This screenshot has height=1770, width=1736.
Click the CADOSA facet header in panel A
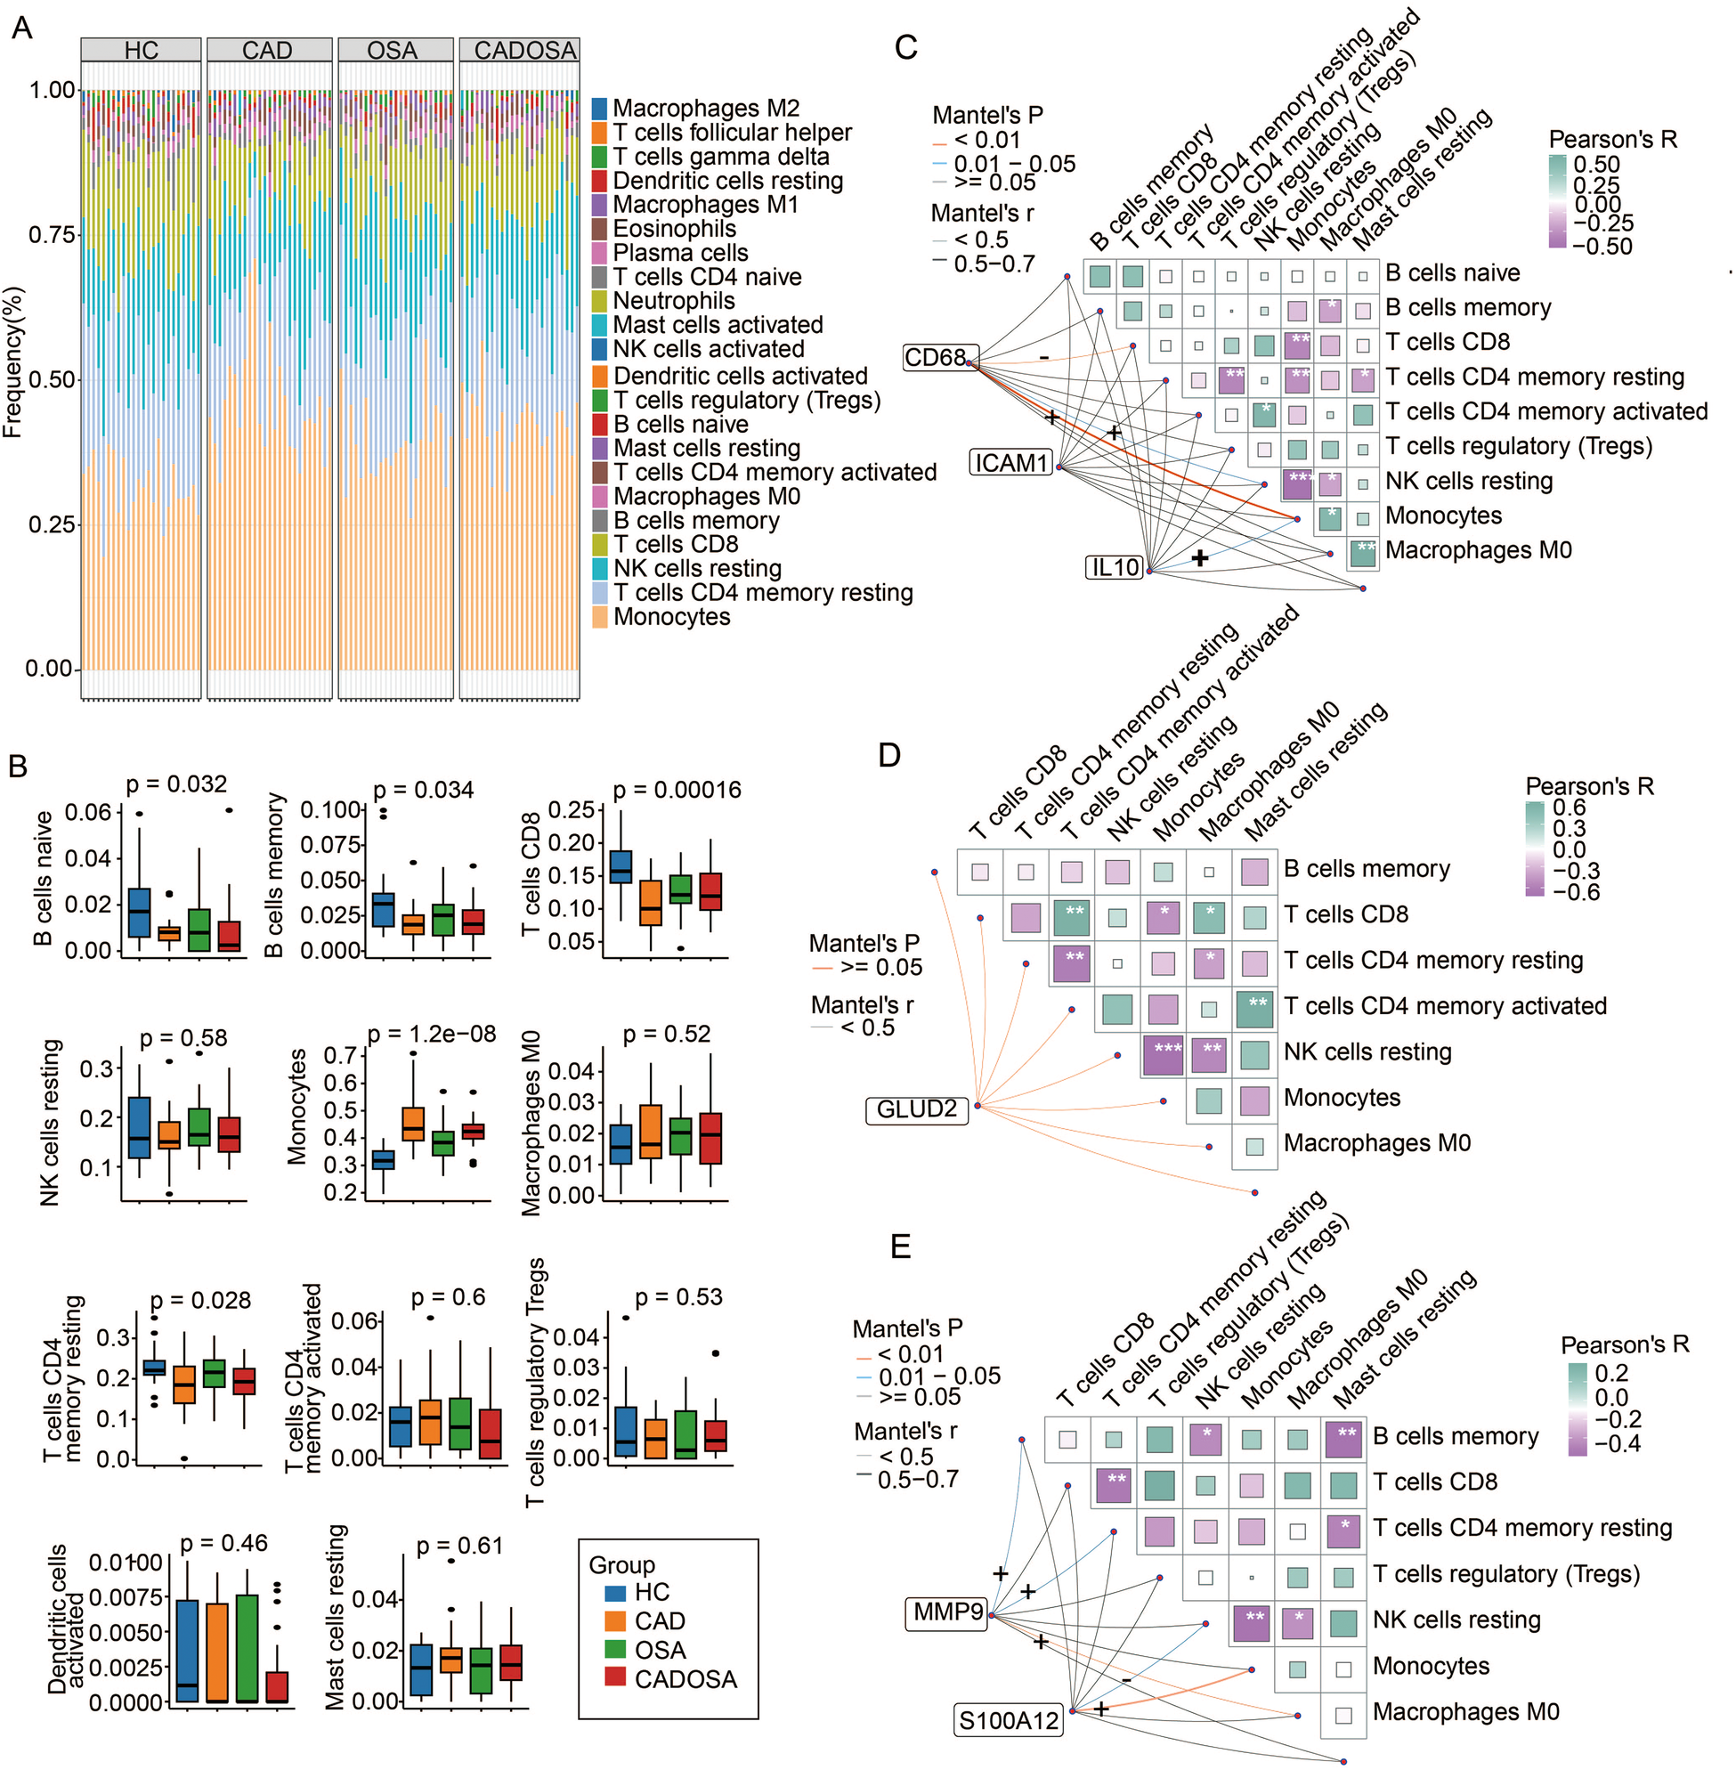click(520, 50)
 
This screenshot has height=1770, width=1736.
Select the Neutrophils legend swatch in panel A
click(600, 301)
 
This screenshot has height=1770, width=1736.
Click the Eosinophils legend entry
click(674, 229)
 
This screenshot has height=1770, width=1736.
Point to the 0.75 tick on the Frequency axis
click(51, 235)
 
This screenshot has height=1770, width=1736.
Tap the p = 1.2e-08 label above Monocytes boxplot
click(431, 1034)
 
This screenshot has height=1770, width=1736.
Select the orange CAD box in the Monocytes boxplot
click(413, 1124)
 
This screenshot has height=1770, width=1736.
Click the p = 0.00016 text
click(677, 791)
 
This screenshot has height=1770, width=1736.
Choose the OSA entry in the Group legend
click(660, 1651)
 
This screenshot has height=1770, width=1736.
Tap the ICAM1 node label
click(1011, 463)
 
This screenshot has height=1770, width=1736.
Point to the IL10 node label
click(1116, 567)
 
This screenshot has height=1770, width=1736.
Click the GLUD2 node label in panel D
click(916, 1108)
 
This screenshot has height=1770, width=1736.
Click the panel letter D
click(888, 755)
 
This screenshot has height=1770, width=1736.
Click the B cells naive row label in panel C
click(1452, 273)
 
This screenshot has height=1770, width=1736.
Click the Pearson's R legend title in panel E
click(1624, 1345)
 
